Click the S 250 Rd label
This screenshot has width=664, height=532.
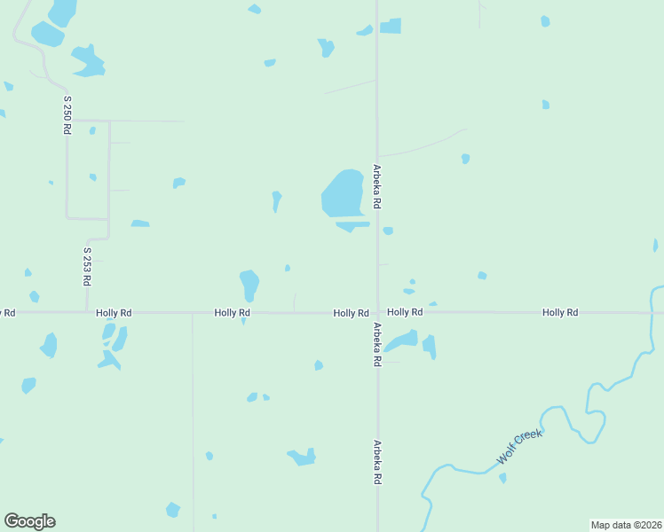coord(67,114)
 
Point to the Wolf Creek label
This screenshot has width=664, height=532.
coord(519,446)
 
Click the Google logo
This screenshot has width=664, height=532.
coord(29,521)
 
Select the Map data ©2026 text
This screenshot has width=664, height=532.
coord(627,525)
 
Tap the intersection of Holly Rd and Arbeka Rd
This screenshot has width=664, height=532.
coord(377,312)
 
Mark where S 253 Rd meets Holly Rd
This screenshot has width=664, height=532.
coord(87,312)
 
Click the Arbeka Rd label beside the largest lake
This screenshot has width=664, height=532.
coord(377,186)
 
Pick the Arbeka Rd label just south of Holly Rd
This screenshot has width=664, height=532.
coord(377,344)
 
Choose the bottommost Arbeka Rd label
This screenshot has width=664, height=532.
coord(377,462)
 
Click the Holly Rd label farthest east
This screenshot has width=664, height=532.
coord(560,312)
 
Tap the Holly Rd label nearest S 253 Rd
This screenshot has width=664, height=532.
coord(114,313)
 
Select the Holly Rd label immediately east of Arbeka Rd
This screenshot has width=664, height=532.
coord(404,312)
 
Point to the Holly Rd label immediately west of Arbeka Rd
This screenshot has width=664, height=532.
coord(351,313)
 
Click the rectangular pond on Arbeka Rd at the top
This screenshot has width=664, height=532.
coord(391,27)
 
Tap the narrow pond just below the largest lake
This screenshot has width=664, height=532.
coord(352,225)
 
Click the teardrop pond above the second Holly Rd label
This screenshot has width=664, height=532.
coord(249,285)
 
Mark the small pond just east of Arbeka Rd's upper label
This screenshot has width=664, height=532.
coord(388,231)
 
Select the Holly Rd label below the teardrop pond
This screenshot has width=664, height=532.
coord(232,313)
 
